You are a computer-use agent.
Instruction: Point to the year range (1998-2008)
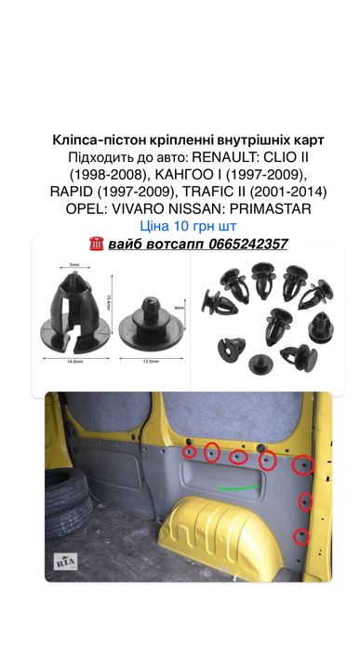(x=83, y=174)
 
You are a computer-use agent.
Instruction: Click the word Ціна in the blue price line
(x=155, y=225)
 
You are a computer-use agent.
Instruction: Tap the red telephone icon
(x=95, y=244)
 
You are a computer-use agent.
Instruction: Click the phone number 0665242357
(x=245, y=244)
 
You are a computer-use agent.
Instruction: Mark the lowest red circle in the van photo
(x=301, y=536)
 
